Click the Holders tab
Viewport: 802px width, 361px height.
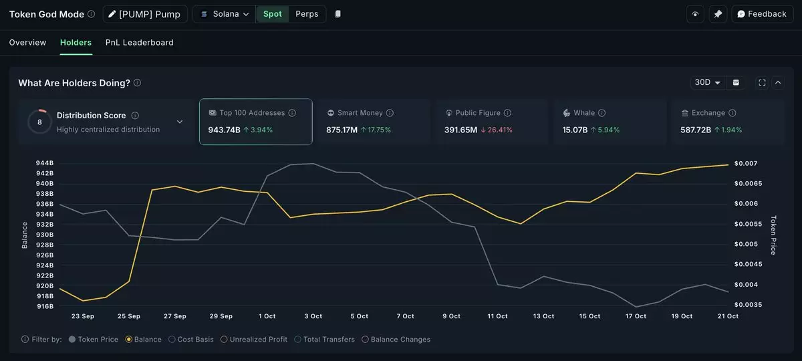[76, 43]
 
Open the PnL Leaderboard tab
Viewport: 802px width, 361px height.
[139, 43]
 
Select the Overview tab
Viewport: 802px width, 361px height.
[27, 43]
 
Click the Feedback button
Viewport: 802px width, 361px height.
[761, 14]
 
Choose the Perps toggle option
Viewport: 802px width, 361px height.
[307, 14]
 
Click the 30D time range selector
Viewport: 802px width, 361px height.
[707, 82]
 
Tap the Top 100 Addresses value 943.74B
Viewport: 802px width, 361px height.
[224, 130]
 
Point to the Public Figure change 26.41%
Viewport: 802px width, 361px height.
[500, 130]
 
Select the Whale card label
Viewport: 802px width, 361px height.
[583, 113]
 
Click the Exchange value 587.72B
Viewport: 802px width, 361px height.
[696, 130]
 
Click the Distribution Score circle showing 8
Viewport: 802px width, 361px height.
[39, 122]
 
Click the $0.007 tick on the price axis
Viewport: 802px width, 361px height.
[746, 163]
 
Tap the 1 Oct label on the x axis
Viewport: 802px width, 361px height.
[267, 316]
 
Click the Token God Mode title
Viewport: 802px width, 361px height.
[46, 14]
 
